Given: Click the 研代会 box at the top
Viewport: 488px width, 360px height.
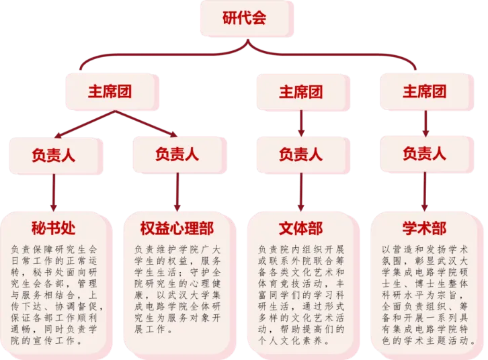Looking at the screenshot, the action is pos(245,19).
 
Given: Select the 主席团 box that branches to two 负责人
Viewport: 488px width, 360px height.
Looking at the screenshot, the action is pos(112,92).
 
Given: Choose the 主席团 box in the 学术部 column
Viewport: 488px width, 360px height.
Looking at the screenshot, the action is pos(425,92).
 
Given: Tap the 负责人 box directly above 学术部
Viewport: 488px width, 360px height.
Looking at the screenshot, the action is pos(425,154).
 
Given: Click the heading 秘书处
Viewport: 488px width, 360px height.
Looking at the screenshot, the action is pos(54,228).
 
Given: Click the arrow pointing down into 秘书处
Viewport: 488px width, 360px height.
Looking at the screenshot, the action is pos(54,193).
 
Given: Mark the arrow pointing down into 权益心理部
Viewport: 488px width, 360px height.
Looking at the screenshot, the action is pos(177,193).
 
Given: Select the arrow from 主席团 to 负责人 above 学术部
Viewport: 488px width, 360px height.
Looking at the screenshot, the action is pos(425,123).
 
